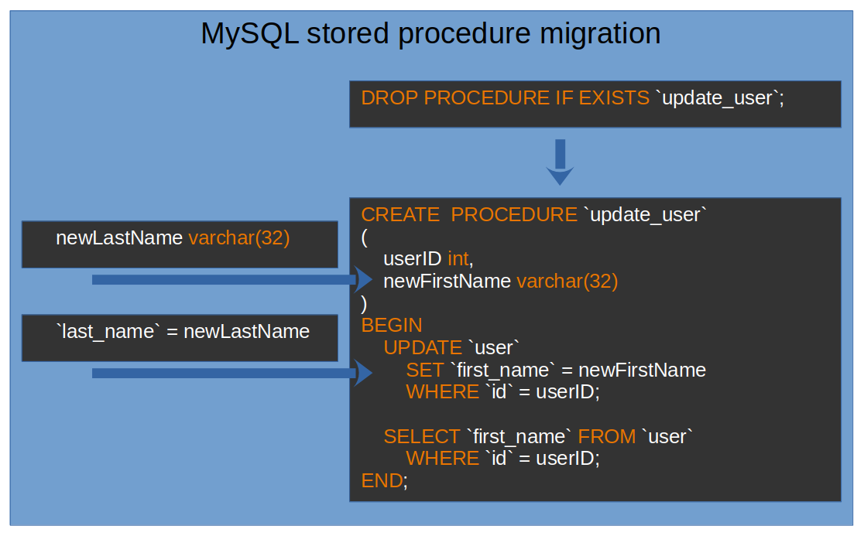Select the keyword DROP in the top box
click(x=389, y=98)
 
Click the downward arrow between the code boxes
click(x=560, y=162)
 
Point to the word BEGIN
click(x=392, y=325)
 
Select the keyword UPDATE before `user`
click(x=423, y=347)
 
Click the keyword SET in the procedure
click(x=425, y=370)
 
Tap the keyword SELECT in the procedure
click(x=422, y=436)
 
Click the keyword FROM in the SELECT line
click(x=607, y=436)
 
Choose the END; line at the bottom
click(x=384, y=481)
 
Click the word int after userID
click(x=458, y=258)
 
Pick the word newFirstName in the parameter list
click(x=447, y=281)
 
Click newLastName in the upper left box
click(x=119, y=238)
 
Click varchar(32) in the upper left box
click(x=238, y=238)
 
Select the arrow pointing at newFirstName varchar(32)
click(x=232, y=279)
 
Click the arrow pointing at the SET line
click(x=232, y=373)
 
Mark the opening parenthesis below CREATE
click(x=365, y=237)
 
